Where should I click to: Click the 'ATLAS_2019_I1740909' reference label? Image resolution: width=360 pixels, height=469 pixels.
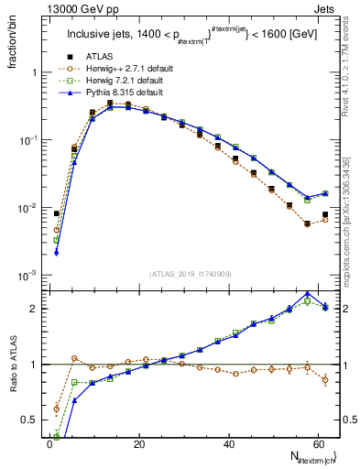190,274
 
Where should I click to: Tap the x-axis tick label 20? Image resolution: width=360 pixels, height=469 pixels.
138,443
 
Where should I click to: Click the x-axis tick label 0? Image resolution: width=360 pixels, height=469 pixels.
49,443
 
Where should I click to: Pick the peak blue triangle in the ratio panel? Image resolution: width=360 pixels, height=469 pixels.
308,293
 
